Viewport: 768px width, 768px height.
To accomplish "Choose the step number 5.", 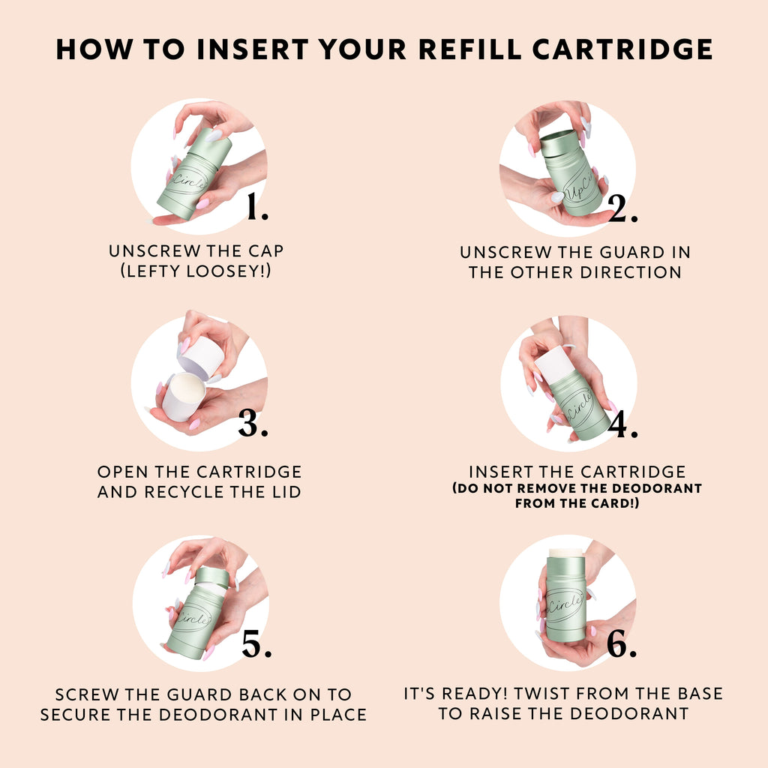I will [256, 646].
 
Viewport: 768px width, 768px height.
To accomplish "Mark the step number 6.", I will [622, 646].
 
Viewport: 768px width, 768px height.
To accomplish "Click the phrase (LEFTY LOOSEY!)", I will [196, 271].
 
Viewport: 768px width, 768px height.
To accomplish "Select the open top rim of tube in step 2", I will [559, 139].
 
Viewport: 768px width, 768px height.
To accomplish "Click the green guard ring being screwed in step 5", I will [211, 576].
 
